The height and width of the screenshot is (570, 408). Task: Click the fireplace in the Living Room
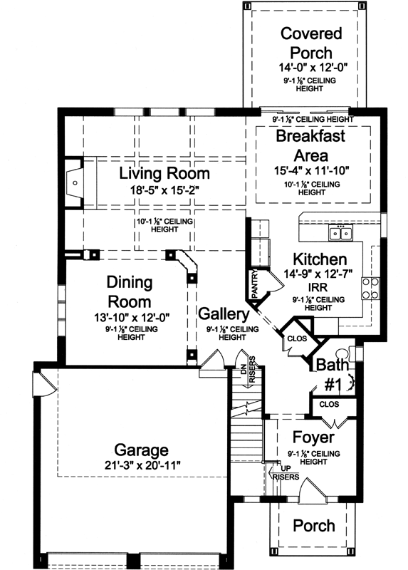(x=74, y=182)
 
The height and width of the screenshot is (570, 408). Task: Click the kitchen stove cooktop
(x=370, y=289)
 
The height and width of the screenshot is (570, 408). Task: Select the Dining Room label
(x=131, y=291)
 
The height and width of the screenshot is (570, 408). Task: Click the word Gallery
(x=223, y=314)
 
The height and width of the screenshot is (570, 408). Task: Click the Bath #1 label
(x=332, y=374)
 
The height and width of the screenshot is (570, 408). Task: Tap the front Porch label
(x=314, y=525)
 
